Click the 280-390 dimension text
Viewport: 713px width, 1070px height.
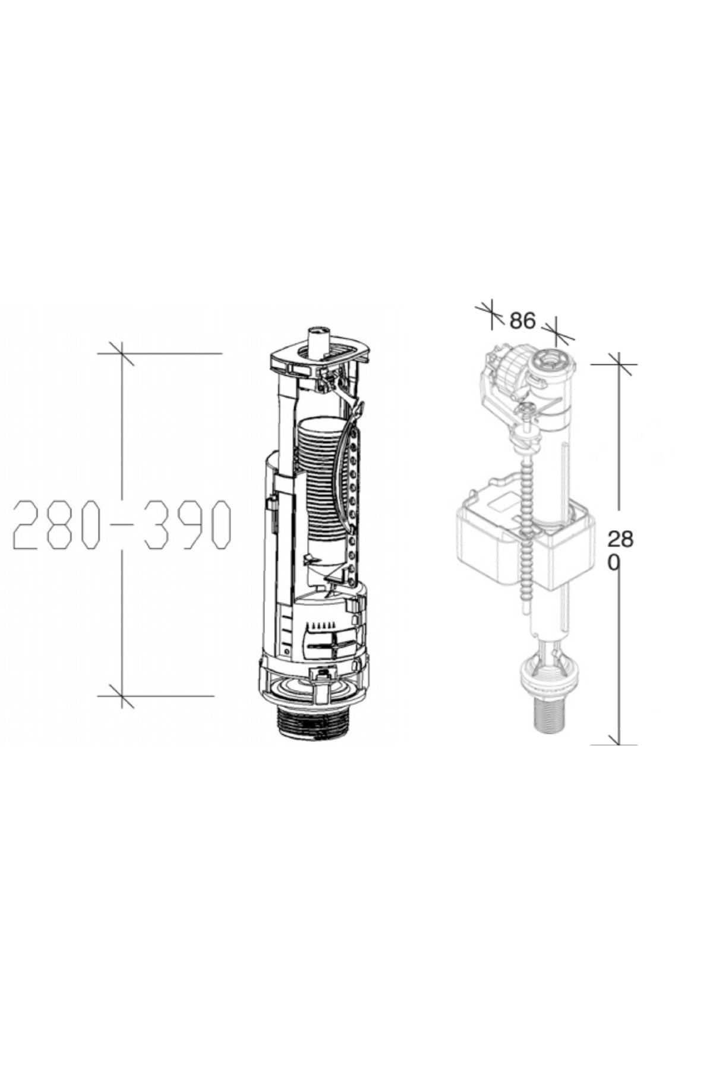click(x=122, y=524)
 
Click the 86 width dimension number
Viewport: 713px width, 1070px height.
click(x=522, y=321)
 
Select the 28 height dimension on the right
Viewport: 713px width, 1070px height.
click(x=620, y=540)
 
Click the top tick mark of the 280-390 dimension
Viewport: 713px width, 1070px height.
click(x=122, y=354)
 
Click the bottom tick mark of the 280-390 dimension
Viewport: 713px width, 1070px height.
click(x=122, y=695)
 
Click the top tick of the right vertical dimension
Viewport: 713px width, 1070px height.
click(x=619, y=364)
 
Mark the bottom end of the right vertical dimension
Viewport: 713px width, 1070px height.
click(x=618, y=743)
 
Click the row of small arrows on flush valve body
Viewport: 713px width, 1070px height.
click(x=319, y=625)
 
